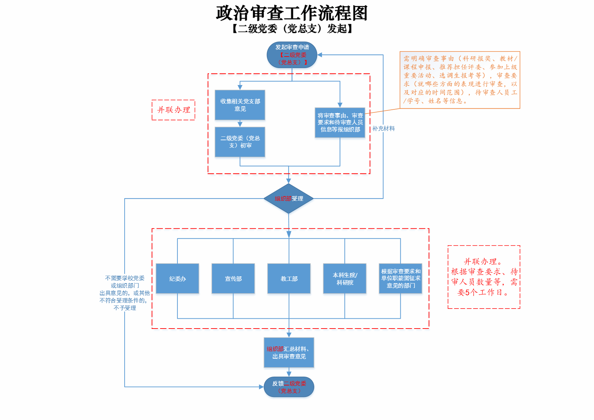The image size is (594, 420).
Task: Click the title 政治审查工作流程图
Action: coord(292,14)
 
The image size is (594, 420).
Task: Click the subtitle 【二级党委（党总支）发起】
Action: coord(292,29)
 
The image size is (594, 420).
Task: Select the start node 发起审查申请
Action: coord(292,55)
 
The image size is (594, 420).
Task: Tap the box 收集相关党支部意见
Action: coord(240,105)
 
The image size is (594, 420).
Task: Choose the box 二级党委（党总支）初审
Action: coord(240,142)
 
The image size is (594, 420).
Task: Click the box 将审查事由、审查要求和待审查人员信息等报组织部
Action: coord(340,123)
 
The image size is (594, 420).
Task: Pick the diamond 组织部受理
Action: coord(289,198)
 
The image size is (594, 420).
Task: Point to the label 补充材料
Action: coord(383,129)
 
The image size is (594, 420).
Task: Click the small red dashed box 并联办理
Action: coord(173,110)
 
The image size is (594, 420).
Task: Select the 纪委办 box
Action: coord(177,278)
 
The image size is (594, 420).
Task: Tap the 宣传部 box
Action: coord(233,278)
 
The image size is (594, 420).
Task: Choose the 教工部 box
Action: coord(289,278)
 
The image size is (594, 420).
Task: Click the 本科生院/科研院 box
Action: coord(345,278)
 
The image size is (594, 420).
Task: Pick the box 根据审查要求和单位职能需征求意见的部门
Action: coord(401,278)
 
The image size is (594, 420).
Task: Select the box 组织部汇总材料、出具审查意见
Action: coord(289,353)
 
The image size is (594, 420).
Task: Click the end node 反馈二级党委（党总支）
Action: coord(289,387)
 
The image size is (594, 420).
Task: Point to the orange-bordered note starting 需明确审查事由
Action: coord(460,80)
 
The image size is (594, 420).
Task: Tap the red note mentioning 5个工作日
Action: coord(484,277)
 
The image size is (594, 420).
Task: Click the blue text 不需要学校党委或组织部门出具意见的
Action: coord(125,293)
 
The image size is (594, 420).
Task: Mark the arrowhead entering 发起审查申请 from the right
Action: coord(320,55)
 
